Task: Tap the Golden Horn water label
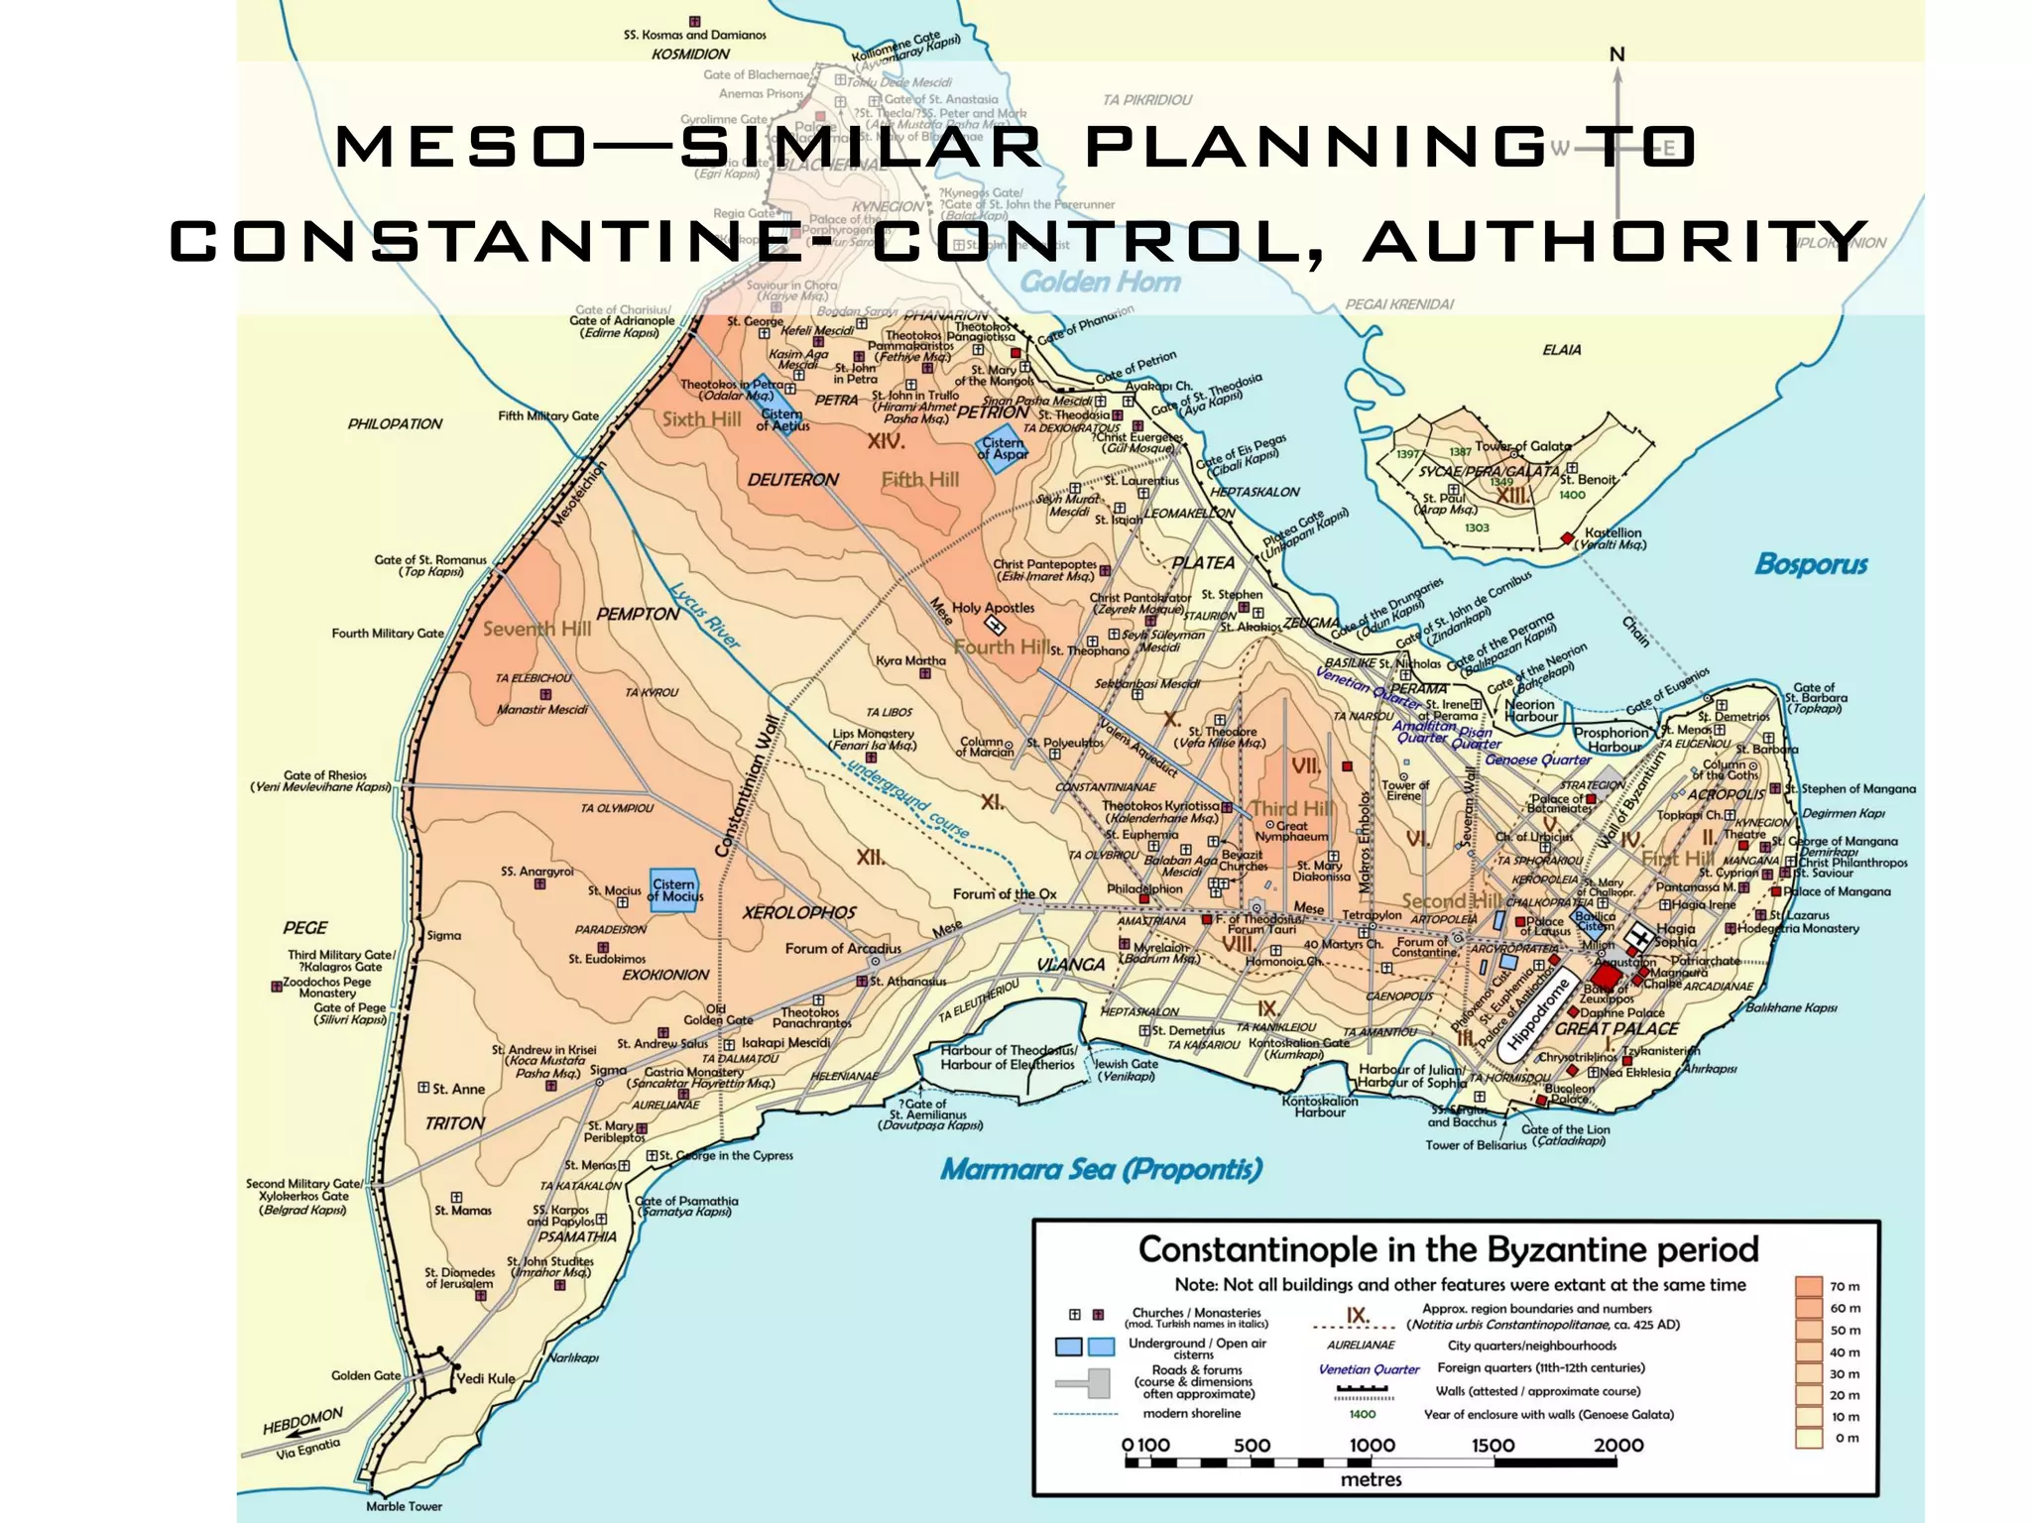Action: click(x=1100, y=283)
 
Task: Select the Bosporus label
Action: click(x=1811, y=564)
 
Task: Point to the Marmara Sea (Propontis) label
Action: click(x=1101, y=1170)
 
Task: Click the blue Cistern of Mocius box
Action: click(x=674, y=889)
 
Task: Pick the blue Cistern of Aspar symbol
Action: click(x=1003, y=448)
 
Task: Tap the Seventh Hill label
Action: click(x=537, y=629)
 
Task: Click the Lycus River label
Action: click(x=704, y=615)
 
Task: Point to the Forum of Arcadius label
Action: click(x=843, y=948)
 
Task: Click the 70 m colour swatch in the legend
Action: click(x=1809, y=1287)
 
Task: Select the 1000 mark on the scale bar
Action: click(x=1372, y=1445)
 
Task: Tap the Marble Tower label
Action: click(x=404, y=1506)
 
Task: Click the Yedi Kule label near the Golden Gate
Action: click(x=485, y=1378)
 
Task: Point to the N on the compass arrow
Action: click(x=1616, y=55)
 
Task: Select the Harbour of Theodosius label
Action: click(x=1015, y=1050)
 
